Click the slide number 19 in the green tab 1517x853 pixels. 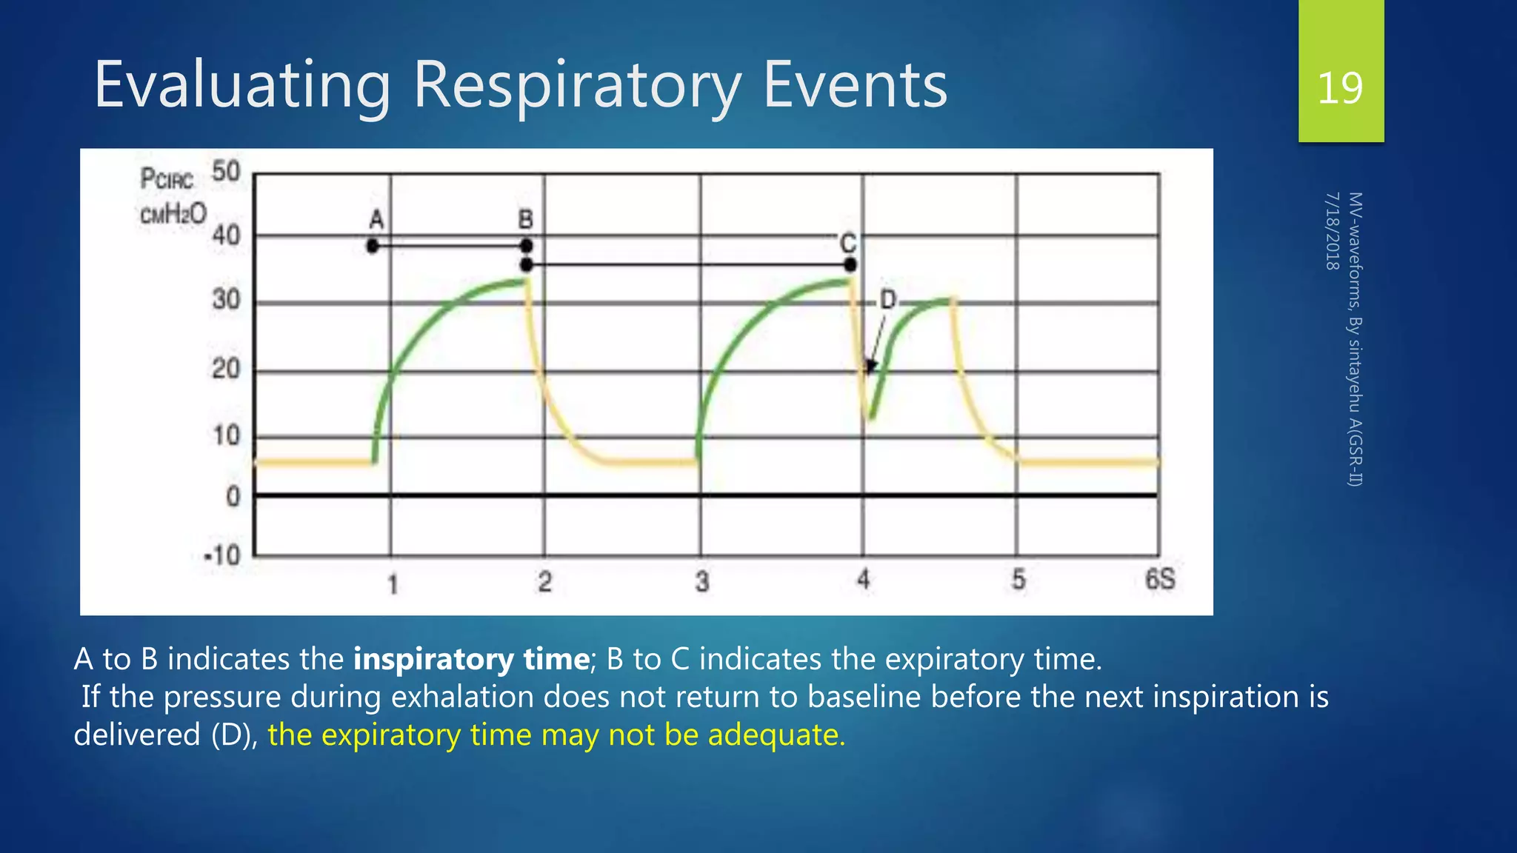coord(1340,88)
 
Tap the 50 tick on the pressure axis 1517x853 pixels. coord(226,172)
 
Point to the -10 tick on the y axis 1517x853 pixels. coord(222,555)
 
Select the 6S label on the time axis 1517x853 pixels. coord(1160,579)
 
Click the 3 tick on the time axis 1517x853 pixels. coord(701,582)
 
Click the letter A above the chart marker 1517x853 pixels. coord(376,220)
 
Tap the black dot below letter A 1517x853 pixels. coord(373,246)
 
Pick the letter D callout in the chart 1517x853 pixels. coord(887,300)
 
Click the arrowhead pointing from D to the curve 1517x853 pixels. coord(871,366)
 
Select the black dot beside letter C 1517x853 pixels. coord(850,264)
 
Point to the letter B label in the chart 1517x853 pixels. coord(525,219)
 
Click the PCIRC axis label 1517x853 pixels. coord(167,179)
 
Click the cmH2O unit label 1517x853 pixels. coord(173,215)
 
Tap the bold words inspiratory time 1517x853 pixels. coord(471,659)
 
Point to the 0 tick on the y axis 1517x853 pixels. coord(233,495)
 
